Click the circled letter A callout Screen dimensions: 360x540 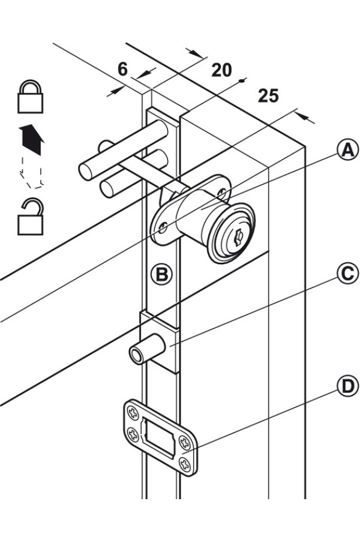(347, 151)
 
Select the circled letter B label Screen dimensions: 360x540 (161, 274)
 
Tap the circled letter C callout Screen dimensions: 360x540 (347, 274)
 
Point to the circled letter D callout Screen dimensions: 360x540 (347, 386)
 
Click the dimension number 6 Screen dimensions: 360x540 (122, 69)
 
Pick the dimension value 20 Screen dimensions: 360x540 (221, 70)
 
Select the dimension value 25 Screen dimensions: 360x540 (268, 96)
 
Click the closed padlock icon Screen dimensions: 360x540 (31, 97)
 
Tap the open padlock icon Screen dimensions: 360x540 (31, 217)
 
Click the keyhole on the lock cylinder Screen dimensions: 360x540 (238, 237)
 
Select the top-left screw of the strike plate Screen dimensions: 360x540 (132, 412)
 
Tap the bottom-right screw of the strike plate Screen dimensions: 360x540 (185, 465)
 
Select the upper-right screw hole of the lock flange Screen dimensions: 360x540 (223, 191)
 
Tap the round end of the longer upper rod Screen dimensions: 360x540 (85, 172)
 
